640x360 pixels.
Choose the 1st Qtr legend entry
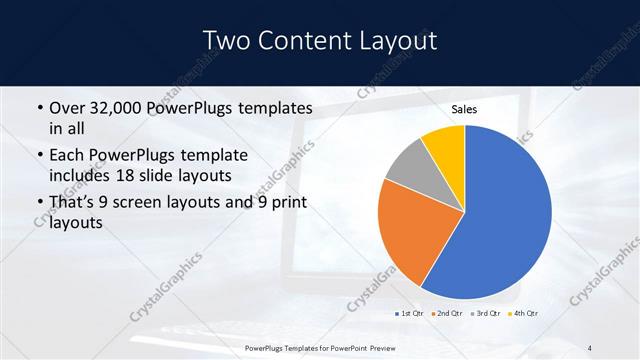tap(411, 314)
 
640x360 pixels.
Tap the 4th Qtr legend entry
tap(525, 314)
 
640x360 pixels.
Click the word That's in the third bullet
tap(75, 205)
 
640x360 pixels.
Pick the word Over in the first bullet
tap(67, 107)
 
